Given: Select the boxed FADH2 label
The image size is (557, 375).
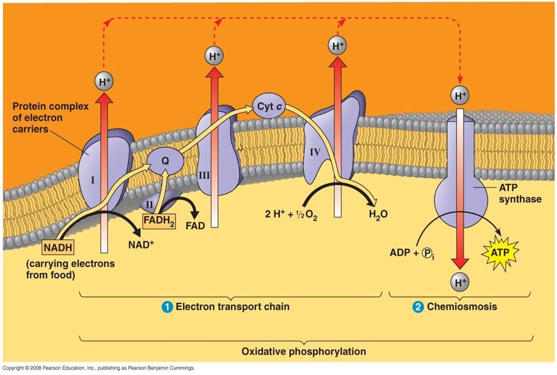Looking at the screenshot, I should (159, 221).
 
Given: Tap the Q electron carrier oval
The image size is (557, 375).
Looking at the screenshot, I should (164, 161).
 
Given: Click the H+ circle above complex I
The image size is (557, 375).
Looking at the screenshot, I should (104, 82).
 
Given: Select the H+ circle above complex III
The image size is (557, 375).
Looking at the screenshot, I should (214, 56).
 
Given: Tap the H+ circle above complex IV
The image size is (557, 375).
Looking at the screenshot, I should (338, 46).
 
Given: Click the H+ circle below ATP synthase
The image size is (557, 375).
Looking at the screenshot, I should (459, 283).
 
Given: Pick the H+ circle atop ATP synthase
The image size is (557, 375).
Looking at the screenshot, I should (459, 96).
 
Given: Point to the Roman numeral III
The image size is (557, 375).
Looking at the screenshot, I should (204, 175).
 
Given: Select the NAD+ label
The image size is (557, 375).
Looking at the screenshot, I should (141, 244).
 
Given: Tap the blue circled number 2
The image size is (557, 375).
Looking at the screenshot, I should (418, 307).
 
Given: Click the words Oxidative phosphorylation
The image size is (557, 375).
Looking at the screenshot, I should (304, 351).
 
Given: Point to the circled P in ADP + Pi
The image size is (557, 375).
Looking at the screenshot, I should (427, 253).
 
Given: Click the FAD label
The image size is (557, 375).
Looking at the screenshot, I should (194, 225).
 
